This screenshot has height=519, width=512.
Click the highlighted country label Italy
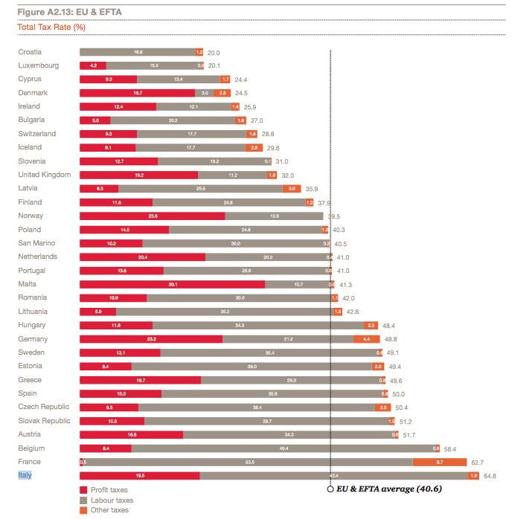pos(25,475)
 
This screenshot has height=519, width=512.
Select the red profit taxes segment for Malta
pos(172,284)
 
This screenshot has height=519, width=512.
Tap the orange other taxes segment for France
pos(439,462)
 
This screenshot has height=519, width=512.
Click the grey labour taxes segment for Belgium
pos(283,448)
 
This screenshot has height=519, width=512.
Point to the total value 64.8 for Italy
pos(490,476)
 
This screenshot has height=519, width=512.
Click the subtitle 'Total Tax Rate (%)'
pos(51,28)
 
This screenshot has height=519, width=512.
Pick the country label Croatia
pos(30,52)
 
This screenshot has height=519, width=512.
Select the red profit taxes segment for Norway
pos(153,216)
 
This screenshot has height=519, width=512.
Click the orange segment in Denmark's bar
pos(222,93)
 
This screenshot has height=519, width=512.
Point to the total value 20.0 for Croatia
pos(214,53)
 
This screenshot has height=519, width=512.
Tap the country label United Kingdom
pos(45,175)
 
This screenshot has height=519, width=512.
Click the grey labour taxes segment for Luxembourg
pos(153,65)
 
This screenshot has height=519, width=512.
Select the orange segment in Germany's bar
pos(366,339)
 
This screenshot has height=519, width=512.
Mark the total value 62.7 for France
pos(477,462)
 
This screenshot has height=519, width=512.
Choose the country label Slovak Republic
pos(44,421)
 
